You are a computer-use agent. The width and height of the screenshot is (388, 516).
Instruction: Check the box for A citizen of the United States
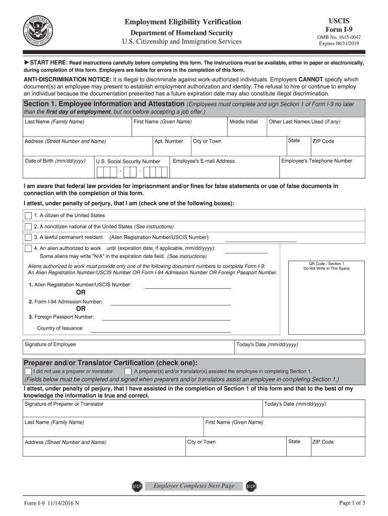[x=28, y=216]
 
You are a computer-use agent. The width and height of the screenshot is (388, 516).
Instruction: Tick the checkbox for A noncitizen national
[x=28, y=227]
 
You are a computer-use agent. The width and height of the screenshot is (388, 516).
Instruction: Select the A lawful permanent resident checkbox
[x=28, y=237]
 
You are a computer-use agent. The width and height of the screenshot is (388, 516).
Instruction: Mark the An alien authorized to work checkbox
[x=28, y=248]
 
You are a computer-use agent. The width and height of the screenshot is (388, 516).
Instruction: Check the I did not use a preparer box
[x=28, y=371]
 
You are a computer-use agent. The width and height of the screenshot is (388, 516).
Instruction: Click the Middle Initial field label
[x=243, y=122]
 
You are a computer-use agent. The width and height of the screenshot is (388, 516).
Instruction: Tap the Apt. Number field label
[x=169, y=142]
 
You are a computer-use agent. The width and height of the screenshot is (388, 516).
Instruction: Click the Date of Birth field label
[x=55, y=161]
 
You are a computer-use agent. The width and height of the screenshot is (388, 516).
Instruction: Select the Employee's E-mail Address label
[x=204, y=161]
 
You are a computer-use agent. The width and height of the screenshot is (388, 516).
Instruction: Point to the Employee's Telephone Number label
[x=316, y=161]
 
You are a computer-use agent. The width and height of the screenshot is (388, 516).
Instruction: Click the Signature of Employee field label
[x=50, y=345]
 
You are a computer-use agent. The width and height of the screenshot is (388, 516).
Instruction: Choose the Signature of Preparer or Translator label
[x=64, y=404]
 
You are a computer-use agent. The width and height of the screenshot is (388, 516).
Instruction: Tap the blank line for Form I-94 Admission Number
[x=170, y=304]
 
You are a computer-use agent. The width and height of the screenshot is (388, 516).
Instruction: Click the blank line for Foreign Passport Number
[x=166, y=319]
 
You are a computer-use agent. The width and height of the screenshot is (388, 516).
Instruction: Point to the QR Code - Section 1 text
[x=326, y=264]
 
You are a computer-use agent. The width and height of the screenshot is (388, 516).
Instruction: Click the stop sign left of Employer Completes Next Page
[x=137, y=486]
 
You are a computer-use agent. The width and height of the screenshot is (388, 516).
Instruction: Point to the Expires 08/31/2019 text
[x=339, y=44]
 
